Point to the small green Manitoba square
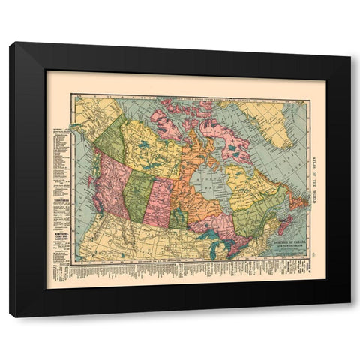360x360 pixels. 178,219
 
